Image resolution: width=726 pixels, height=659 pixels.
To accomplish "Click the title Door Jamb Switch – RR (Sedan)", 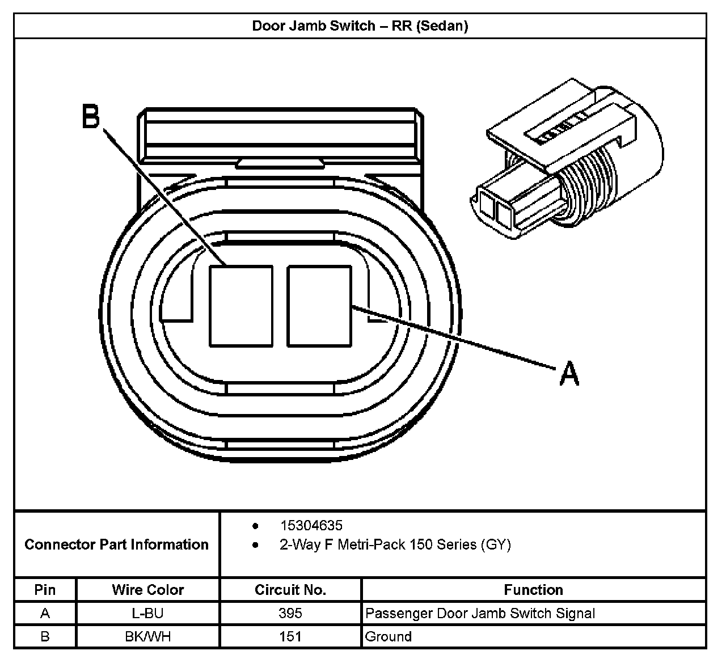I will [x=360, y=26].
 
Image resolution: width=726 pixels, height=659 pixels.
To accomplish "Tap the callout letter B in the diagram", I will [x=91, y=116].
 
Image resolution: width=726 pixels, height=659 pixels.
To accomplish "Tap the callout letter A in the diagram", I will [x=569, y=374].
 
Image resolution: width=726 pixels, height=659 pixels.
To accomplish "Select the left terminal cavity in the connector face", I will [x=241, y=306].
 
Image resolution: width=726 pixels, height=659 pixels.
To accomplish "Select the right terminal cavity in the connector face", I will [x=319, y=306].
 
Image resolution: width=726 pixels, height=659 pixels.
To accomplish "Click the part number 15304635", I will [x=311, y=525].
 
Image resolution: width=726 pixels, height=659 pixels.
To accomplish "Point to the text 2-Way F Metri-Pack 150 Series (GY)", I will [x=395, y=545].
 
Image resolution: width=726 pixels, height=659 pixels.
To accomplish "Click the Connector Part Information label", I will [x=117, y=544].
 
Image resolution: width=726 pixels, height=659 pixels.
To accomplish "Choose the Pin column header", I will [x=45, y=590].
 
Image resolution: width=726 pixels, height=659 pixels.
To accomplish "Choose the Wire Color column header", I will [x=147, y=590].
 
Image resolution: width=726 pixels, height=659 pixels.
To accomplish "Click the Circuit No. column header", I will [x=290, y=590].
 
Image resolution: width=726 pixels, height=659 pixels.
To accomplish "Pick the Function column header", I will [x=533, y=590].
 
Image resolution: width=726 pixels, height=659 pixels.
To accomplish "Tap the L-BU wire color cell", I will [x=147, y=613].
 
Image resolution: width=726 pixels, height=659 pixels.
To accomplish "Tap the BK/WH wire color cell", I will [x=147, y=636].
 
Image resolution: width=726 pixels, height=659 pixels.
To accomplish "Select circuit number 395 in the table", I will [x=290, y=613].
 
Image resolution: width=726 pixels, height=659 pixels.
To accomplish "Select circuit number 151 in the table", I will [x=290, y=636].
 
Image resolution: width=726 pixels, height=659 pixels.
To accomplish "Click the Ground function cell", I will [x=389, y=636].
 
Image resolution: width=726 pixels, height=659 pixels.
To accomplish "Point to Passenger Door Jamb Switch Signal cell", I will [x=480, y=613].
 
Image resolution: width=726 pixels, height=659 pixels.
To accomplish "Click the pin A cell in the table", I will [x=45, y=613].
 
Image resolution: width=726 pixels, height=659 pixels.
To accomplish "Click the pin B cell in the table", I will [x=45, y=636].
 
